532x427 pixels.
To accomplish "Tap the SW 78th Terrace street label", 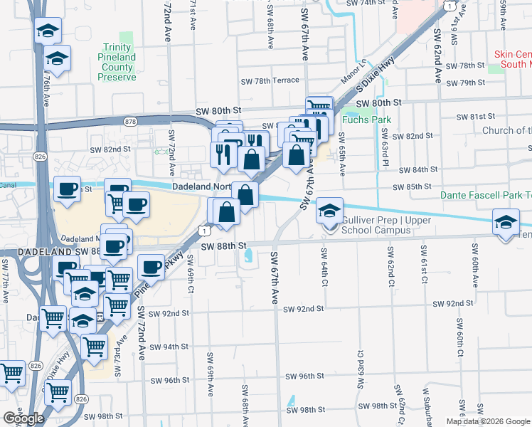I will (x=270, y=80).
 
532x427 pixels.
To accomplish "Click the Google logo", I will (x=23, y=418).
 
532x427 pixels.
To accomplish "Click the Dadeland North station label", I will (x=202, y=187).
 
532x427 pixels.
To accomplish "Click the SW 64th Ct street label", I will (x=324, y=265).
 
